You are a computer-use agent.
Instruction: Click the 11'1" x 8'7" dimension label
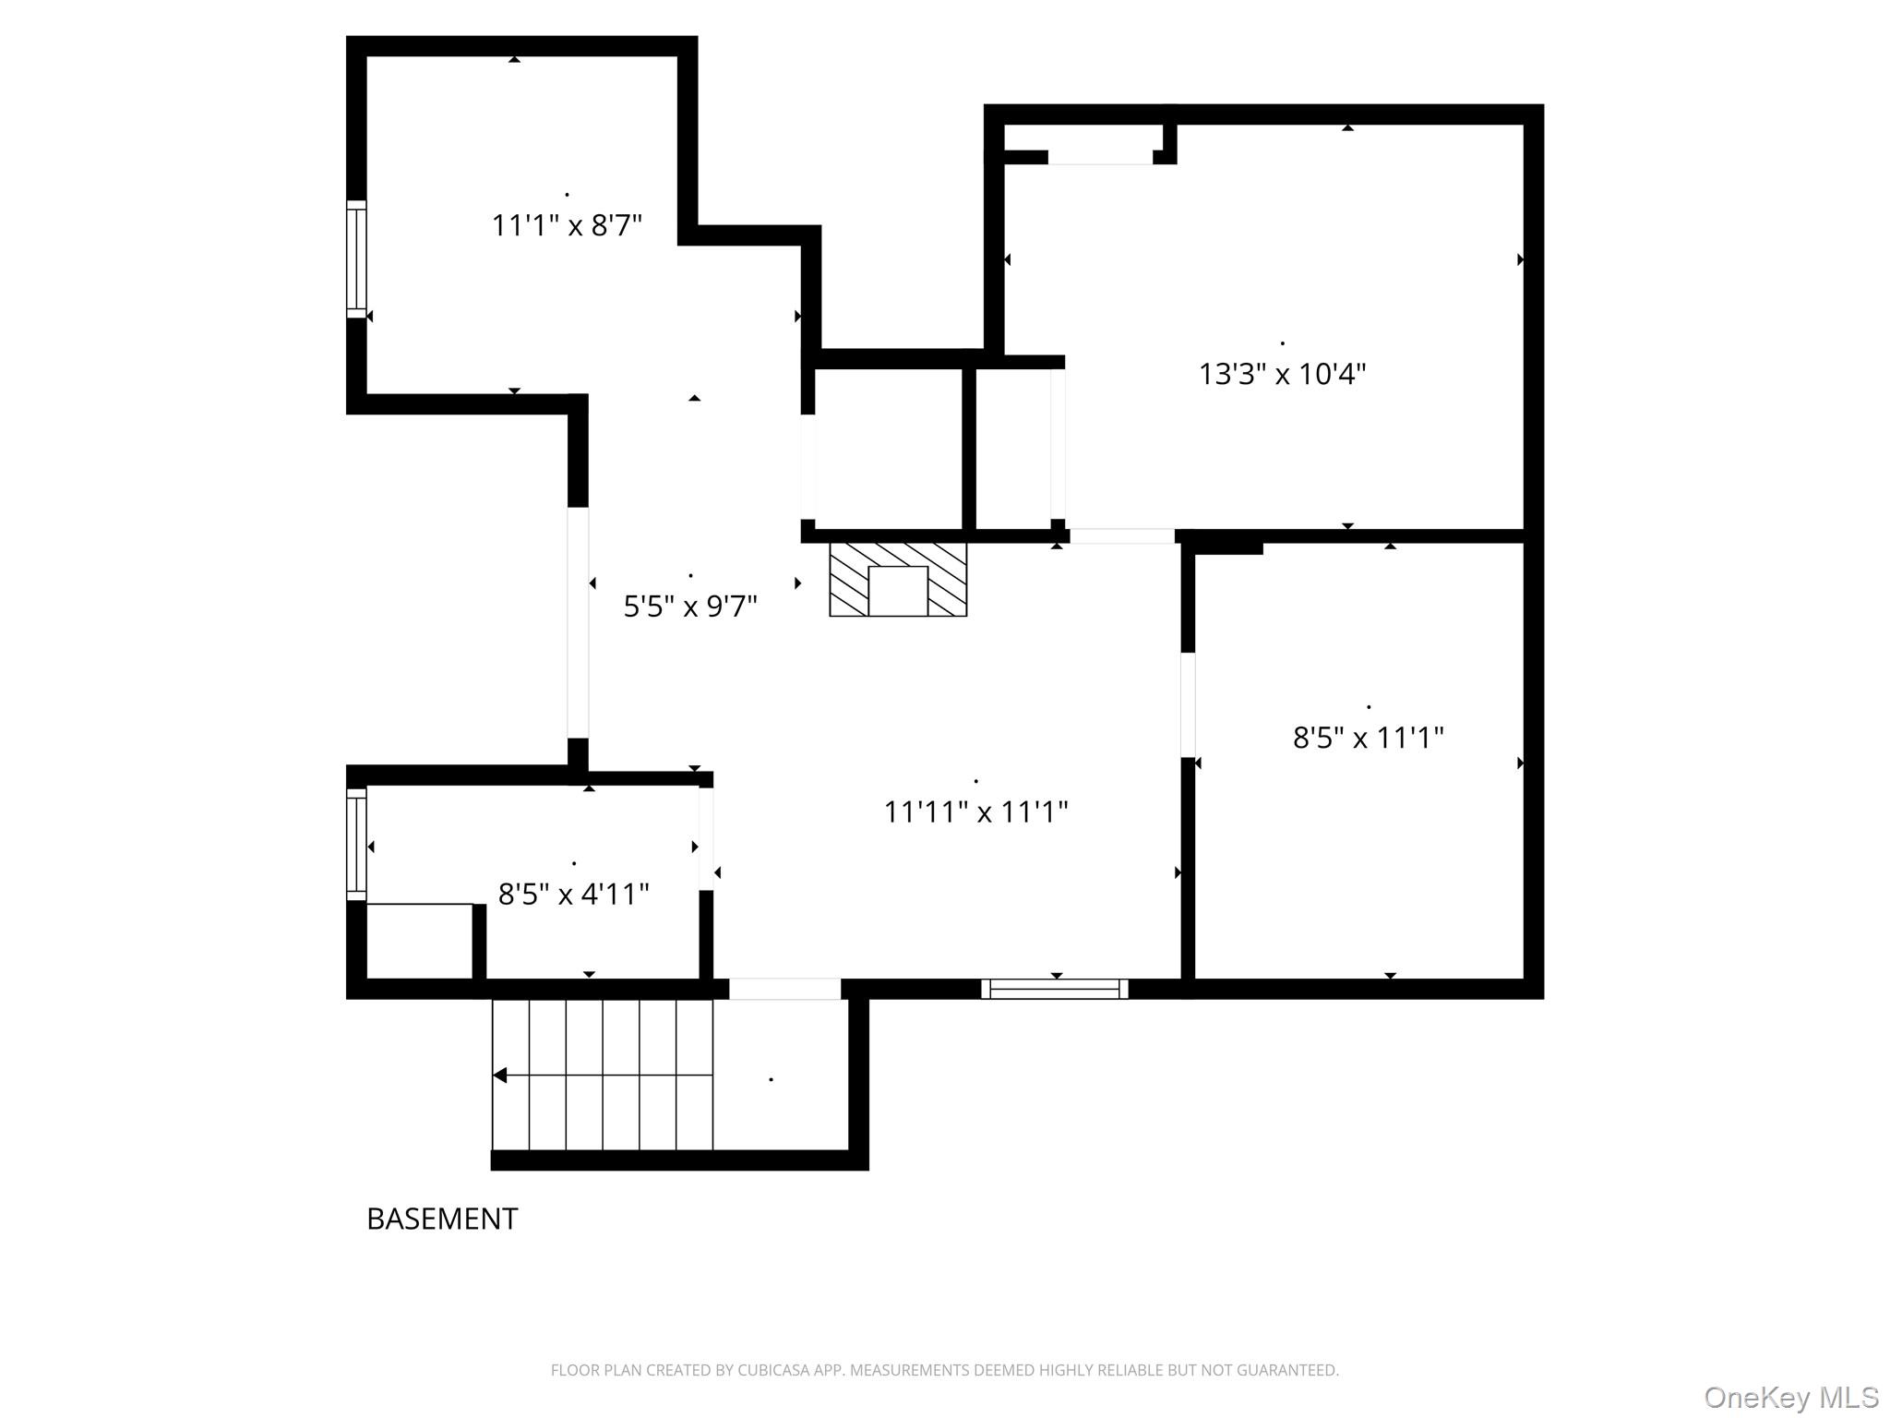pos(567,225)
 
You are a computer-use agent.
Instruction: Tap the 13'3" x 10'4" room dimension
pos(1282,374)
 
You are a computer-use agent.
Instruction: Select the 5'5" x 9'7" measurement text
pos(690,607)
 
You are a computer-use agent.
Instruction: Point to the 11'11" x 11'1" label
pos(975,811)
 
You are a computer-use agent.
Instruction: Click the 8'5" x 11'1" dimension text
pos(1368,738)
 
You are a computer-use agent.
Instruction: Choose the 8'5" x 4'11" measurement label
pos(573,894)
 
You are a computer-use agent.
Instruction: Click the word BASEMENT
pos(442,1219)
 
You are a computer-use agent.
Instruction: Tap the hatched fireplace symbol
pos(898,579)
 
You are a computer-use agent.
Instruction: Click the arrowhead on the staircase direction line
pos(499,1075)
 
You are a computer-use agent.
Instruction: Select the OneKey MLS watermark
pos(1791,1397)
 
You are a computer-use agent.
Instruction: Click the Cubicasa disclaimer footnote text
pos(944,1370)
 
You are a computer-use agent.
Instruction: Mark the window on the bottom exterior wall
pos(1055,989)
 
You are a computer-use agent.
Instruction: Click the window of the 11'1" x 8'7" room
pos(356,258)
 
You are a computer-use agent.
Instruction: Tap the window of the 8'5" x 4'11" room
pos(356,844)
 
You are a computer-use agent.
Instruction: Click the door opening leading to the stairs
pos(784,989)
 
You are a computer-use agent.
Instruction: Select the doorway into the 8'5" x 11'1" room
pos(1188,705)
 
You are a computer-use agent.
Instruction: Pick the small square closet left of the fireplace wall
pos(888,450)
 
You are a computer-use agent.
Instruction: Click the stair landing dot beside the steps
pos(771,1079)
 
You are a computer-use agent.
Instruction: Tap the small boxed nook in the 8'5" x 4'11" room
pos(420,941)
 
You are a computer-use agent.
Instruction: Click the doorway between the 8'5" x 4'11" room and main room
pos(706,838)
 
